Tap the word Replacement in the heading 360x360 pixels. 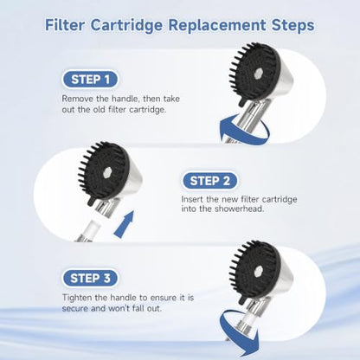tap(217, 25)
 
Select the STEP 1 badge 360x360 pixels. tap(90, 80)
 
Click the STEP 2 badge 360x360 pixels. tap(209, 181)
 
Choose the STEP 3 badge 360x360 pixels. tap(90, 279)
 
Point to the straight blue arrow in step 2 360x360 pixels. tap(125, 224)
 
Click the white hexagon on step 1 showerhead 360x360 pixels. tap(257, 74)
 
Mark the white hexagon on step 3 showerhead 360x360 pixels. tap(257, 271)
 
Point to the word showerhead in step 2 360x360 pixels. tap(240, 209)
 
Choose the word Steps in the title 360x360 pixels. tap(292, 25)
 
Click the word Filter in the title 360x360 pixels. tap(65, 25)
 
